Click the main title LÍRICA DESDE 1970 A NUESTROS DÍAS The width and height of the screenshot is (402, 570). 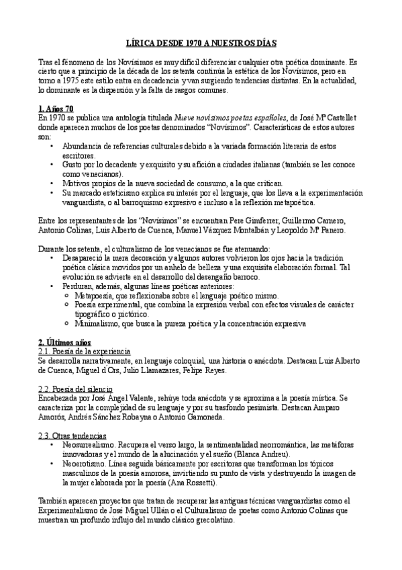[x=201, y=41]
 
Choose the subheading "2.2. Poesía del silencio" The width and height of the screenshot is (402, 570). [x=76, y=389]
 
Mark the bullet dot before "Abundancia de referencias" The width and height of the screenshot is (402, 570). [x=52, y=145]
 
